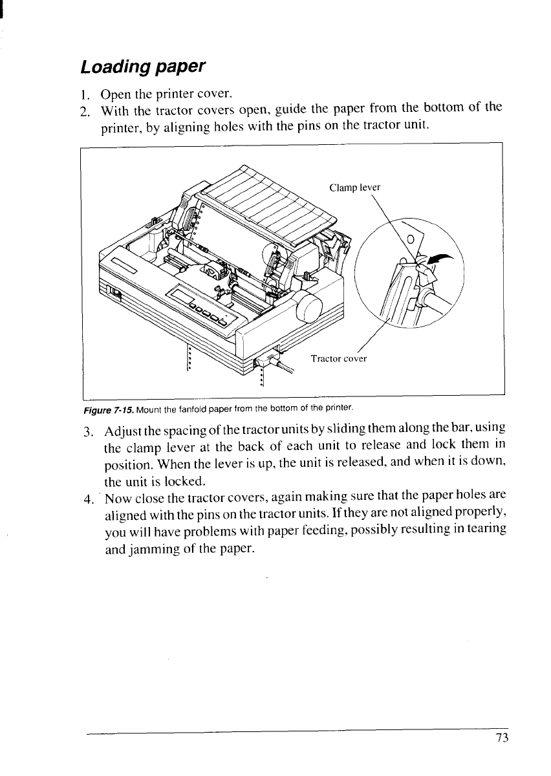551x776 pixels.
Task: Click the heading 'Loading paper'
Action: (x=142, y=66)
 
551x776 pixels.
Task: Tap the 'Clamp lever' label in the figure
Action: (x=355, y=188)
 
